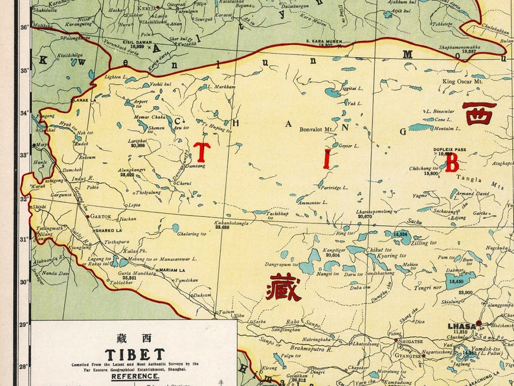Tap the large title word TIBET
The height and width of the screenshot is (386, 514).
point(135,354)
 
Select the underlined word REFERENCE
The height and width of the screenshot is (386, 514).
point(135,376)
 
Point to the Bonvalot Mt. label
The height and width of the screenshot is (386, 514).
point(315,130)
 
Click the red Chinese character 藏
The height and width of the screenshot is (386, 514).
point(284,287)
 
